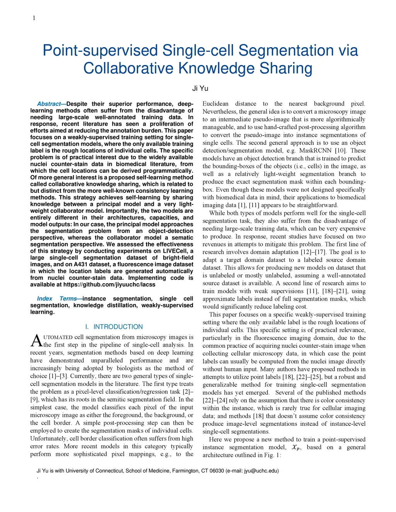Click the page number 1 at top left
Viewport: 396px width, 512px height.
click(x=34, y=18)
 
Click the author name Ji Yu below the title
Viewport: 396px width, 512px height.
click(x=200, y=88)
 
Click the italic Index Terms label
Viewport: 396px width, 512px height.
click(x=58, y=299)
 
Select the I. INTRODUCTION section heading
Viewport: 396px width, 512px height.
click(x=114, y=327)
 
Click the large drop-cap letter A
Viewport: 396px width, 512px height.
click(x=36, y=341)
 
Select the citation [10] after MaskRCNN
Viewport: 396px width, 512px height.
click(x=340, y=151)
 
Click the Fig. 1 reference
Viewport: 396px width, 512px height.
click(x=272, y=455)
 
